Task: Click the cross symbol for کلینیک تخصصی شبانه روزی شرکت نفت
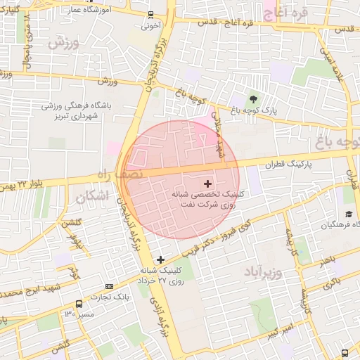point(207,183)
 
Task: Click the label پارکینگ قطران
point(288,164)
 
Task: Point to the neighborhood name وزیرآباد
point(264,271)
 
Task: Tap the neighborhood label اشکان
point(92,196)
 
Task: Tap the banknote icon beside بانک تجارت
point(109,286)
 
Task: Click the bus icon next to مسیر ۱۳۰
point(78,304)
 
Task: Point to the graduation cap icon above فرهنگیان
point(349,214)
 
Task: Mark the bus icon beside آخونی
point(150,15)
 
